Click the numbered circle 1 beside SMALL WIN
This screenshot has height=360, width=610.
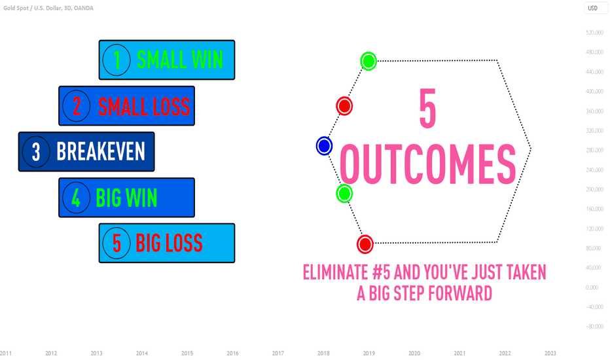(x=117, y=60)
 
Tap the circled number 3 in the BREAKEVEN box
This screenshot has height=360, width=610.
(x=36, y=152)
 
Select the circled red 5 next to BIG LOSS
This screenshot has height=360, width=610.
(x=117, y=243)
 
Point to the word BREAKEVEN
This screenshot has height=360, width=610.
(x=101, y=151)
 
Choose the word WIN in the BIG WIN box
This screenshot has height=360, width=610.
(x=141, y=198)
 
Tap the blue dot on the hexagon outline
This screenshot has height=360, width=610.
(x=324, y=146)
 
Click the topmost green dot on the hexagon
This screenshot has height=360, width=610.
(x=368, y=61)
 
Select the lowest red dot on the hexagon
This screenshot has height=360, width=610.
(x=365, y=244)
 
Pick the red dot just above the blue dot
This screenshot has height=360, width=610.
(x=344, y=106)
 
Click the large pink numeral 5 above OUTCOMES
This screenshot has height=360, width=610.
(x=428, y=109)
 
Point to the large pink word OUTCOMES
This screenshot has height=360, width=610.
(x=428, y=164)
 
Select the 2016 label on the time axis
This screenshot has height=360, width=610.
(x=232, y=353)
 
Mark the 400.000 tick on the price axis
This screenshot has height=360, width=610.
(x=594, y=92)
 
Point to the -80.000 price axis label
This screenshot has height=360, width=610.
(x=594, y=327)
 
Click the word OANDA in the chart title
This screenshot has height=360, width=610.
(x=83, y=8)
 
